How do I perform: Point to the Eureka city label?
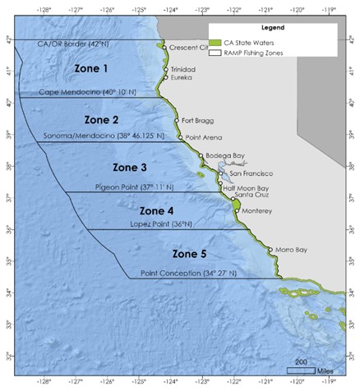pyautogui.click(x=182, y=80)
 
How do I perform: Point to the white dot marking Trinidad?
pyautogui.click(x=165, y=70)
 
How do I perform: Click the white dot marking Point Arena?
pyautogui.click(x=181, y=139)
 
